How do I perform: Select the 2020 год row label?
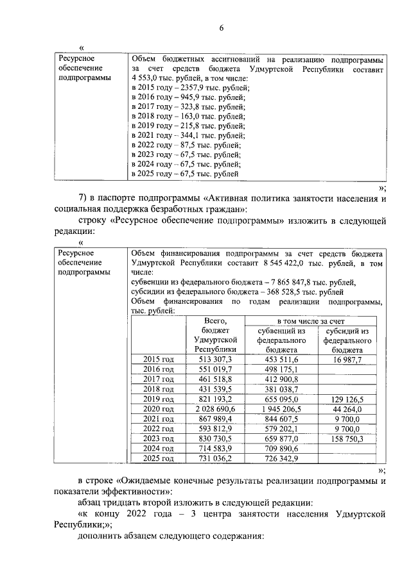click(x=158, y=409)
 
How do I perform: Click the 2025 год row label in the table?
click(x=158, y=458)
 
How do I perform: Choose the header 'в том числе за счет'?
click(x=311, y=319)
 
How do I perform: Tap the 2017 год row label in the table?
click(x=158, y=379)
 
